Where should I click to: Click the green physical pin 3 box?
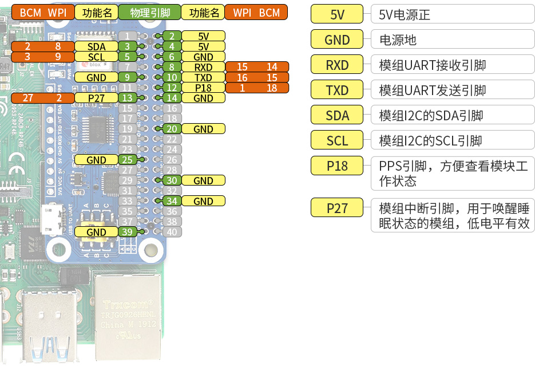pos(128,46)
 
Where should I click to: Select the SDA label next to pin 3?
pos(96,46)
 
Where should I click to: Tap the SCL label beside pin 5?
pos(96,57)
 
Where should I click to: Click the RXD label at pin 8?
pos(203,67)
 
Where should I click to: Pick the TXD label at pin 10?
pos(203,77)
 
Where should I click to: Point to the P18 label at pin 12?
pos(203,88)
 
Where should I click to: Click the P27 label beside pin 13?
pos(96,98)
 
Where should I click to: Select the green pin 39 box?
pos(128,232)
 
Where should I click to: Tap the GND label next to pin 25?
pos(96,160)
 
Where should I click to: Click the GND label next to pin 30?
pos(203,180)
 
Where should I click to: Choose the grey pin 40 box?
pos(171,232)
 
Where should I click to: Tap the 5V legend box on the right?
pos(338,15)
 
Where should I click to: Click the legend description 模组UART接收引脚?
pos(432,65)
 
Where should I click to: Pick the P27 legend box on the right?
pos(338,207)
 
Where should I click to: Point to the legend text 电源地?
pos(398,40)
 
